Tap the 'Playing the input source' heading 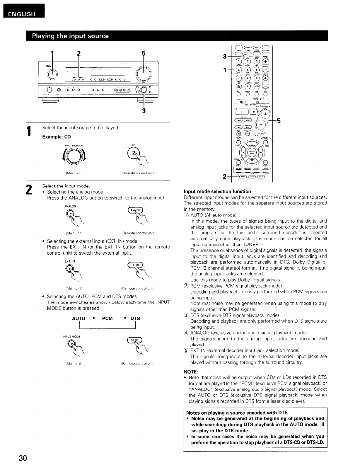tap(70, 36)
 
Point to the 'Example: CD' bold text tap(57, 137)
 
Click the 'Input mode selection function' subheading tap(217, 191)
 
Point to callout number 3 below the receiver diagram tap(144, 110)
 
